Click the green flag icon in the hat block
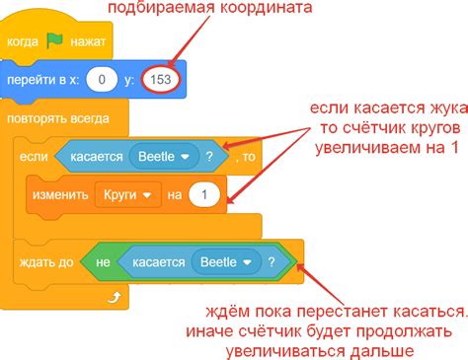pyautogui.click(x=55, y=43)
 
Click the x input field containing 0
pyautogui.click(x=101, y=78)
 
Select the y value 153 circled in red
pyautogui.click(x=161, y=78)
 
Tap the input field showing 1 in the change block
pyautogui.click(x=204, y=195)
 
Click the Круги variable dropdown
pyautogui.click(x=127, y=195)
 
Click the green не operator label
pyautogui.click(x=102, y=262)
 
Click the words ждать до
pyautogui.click(x=44, y=262)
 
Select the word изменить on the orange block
pyautogui.click(x=62, y=195)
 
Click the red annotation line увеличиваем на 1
pyautogui.click(x=384, y=148)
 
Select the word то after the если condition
pyautogui.click(x=248, y=156)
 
